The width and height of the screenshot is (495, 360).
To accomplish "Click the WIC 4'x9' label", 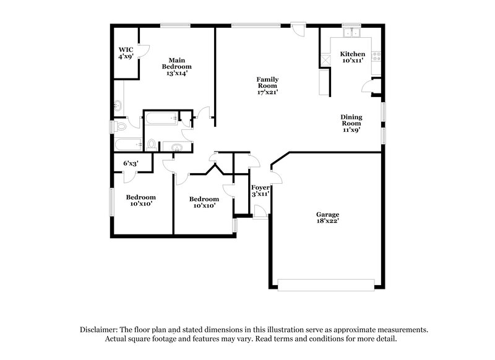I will click(126, 53).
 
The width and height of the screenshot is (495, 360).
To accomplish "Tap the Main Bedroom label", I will click(176, 66).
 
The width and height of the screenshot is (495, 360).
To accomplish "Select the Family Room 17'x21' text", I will click(267, 85).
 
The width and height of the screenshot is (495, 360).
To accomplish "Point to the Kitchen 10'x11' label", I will click(353, 58).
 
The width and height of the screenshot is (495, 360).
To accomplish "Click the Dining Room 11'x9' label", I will click(351, 124).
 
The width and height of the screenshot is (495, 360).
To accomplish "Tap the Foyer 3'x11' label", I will click(259, 191).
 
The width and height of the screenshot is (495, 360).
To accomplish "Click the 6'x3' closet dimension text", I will click(130, 163).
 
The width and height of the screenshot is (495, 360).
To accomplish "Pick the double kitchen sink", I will click(353, 33).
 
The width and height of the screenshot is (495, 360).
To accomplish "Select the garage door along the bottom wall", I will click(325, 285).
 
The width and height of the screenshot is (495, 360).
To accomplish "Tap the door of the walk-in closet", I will click(142, 52).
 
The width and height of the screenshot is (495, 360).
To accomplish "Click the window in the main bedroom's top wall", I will click(175, 25).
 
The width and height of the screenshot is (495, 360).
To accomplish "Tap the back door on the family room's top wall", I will click(299, 27).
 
